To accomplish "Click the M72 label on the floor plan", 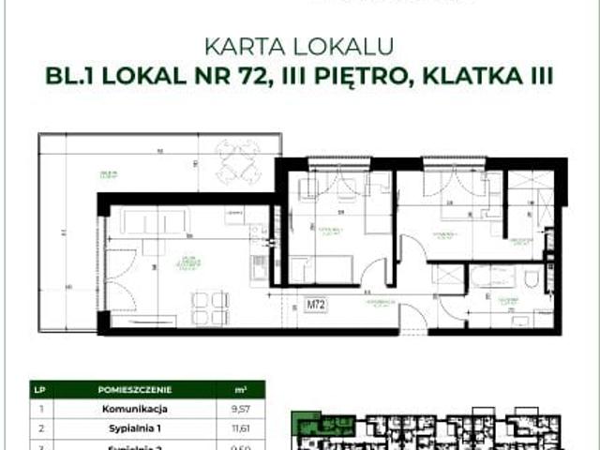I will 315,305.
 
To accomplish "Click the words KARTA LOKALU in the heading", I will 299,45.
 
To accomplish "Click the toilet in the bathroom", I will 532,279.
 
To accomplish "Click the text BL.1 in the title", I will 70,74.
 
